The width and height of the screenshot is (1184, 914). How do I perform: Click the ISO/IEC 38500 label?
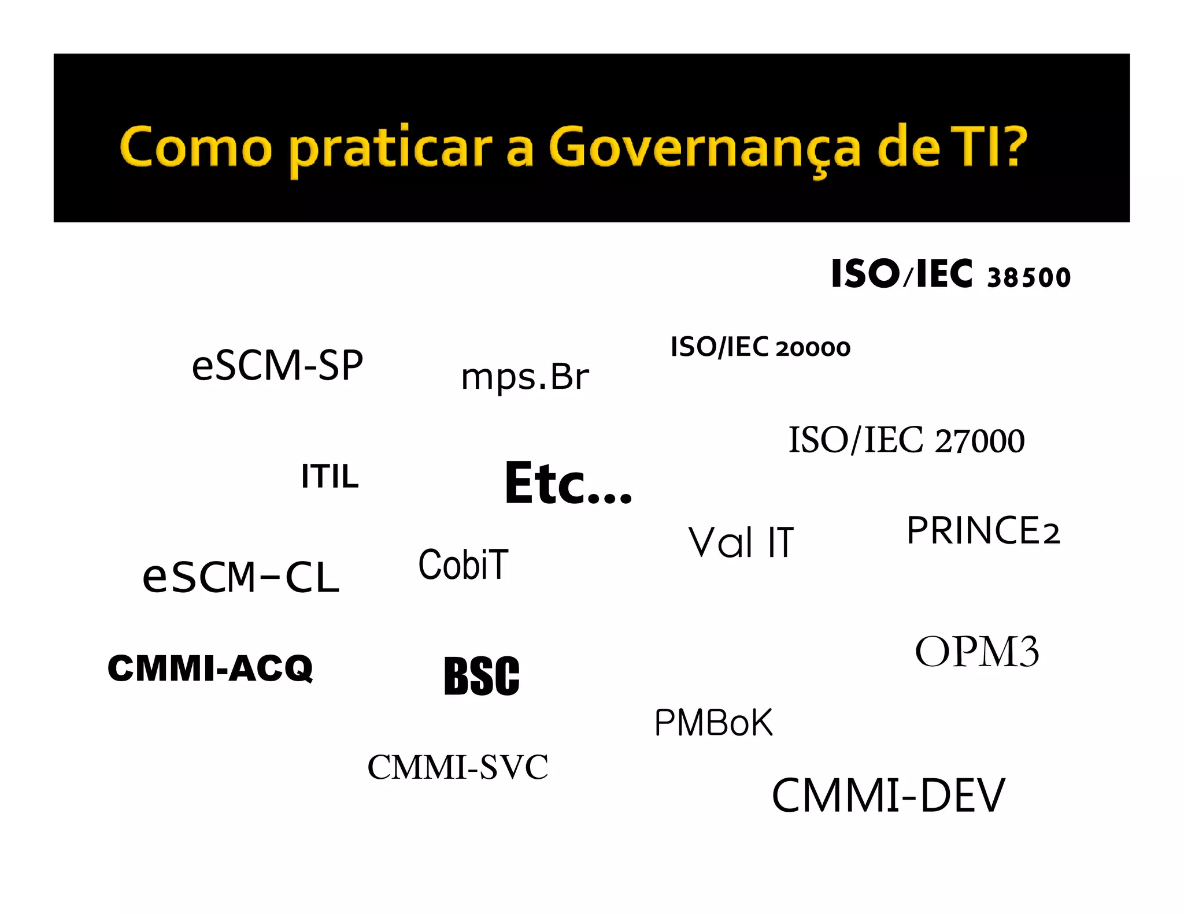point(950,274)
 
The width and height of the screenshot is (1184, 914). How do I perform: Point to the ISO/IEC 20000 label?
point(760,347)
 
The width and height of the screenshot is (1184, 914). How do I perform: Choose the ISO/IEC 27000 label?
point(906,440)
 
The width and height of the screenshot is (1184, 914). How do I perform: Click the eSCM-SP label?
point(277,365)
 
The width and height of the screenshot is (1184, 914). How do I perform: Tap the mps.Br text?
point(524,377)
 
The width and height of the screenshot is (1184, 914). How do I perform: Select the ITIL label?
point(330,477)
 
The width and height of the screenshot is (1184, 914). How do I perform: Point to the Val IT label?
point(741,543)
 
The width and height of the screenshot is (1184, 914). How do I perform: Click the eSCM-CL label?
point(240,577)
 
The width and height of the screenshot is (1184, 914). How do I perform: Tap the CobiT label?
point(463,564)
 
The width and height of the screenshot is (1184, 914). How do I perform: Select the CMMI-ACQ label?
point(210,668)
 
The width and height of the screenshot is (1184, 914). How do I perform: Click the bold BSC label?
point(482,675)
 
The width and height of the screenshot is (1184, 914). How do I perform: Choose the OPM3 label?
point(976,652)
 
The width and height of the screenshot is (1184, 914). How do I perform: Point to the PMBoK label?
point(713,722)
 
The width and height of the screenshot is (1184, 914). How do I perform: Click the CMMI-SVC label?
point(457,767)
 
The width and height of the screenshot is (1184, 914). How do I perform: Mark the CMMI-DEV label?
point(889,796)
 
